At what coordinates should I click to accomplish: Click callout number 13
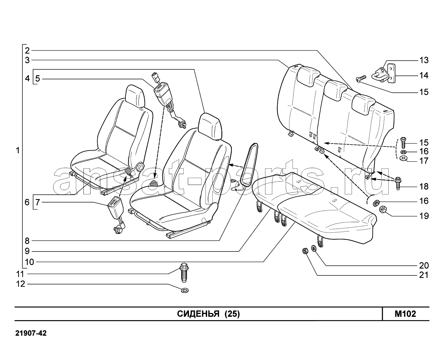point(424,60)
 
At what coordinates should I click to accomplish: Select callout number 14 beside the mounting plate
point(424,75)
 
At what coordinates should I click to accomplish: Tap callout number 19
point(424,216)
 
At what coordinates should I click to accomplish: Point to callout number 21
point(424,275)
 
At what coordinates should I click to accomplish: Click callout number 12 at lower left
point(21,284)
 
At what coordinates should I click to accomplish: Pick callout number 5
point(38,79)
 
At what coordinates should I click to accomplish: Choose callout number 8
point(27,241)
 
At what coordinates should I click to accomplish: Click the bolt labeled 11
point(184,272)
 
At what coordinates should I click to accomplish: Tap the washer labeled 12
point(185,290)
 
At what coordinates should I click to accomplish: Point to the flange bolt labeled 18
point(398,183)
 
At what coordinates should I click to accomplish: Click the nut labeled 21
point(305,251)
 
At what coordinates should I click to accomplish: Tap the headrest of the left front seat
point(135,96)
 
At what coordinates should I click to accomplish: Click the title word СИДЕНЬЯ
point(198,314)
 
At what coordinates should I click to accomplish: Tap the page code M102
point(405,314)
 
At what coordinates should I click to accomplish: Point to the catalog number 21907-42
point(31,333)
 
